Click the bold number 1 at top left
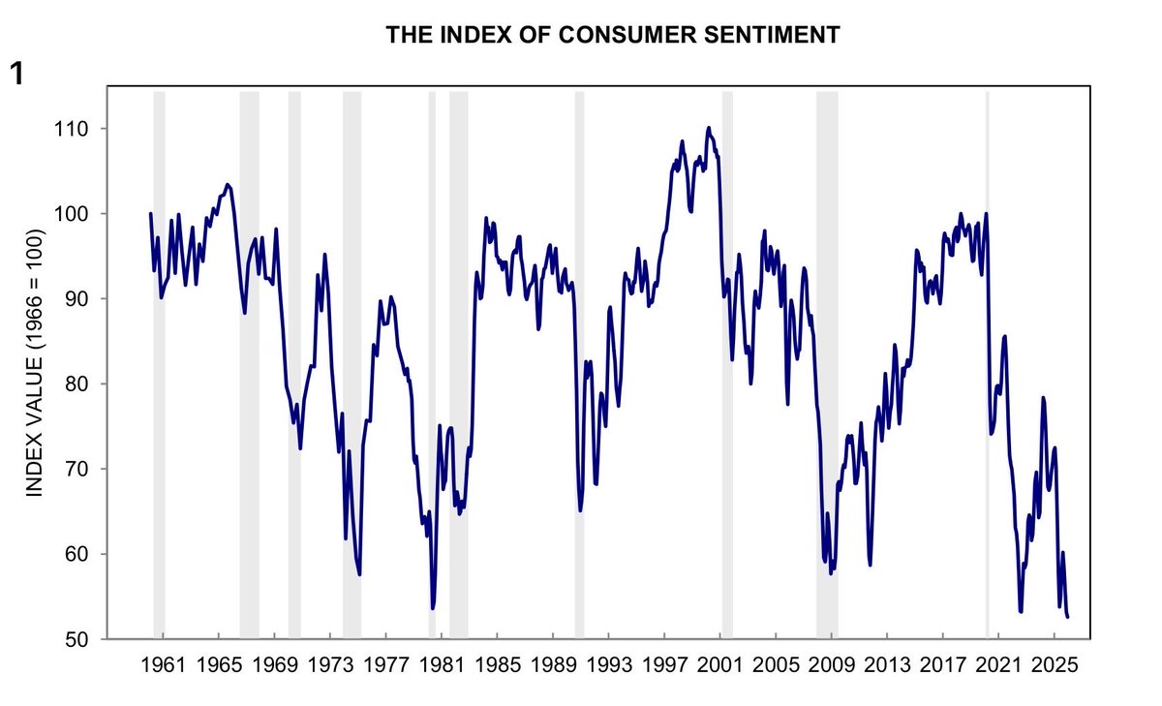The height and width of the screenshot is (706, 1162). pyautogui.click(x=16, y=74)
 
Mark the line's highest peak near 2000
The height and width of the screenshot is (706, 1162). pyautogui.click(x=708, y=128)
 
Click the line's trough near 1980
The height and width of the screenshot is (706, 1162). pyautogui.click(x=432, y=608)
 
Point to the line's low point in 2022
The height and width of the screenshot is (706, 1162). pyautogui.click(x=1021, y=611)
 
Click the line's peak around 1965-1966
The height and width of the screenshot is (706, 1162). pyautogui.click(x=228, y=184)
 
